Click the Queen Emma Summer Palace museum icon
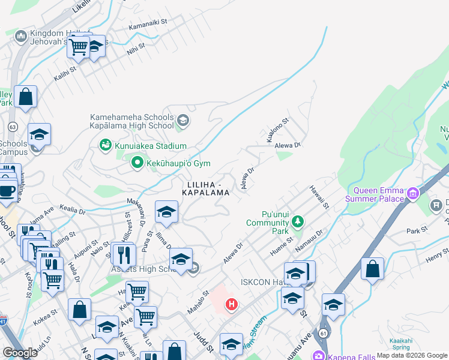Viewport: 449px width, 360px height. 412,194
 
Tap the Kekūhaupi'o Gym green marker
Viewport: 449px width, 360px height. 137,161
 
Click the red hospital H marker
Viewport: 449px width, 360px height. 231,305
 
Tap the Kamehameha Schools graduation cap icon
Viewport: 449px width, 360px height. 183,122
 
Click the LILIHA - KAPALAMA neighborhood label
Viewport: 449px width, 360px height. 208,188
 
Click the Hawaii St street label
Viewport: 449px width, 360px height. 319,197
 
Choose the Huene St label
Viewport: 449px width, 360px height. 280,247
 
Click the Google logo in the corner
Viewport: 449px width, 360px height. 20,353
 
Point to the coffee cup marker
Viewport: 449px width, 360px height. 7,191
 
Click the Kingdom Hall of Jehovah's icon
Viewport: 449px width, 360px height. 21,37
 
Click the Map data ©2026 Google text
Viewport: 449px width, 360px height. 412,355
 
